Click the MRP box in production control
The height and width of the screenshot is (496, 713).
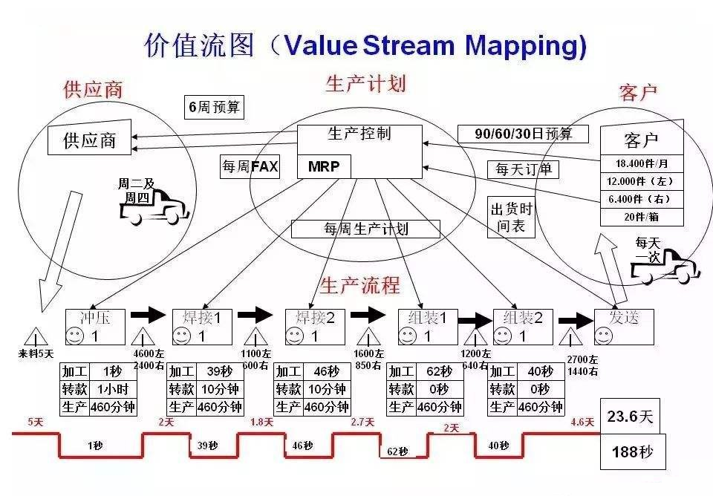click(x=324, y=167)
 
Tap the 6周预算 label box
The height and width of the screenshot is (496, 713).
click(x=214, y=107)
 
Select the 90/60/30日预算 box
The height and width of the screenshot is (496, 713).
click(x=523, y=134)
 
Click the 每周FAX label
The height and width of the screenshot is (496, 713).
click(x=250, y=167)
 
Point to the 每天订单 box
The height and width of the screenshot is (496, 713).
click(x=524, y=169)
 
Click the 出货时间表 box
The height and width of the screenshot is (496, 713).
click(x=510, y=218)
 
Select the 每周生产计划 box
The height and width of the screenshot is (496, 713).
click(x=365, y=229)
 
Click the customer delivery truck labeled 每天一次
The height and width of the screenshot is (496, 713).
click(x=664, y=267)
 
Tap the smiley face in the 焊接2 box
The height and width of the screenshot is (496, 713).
click(x=295, y=336)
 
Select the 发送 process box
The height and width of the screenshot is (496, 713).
click(x=624, y=327)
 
